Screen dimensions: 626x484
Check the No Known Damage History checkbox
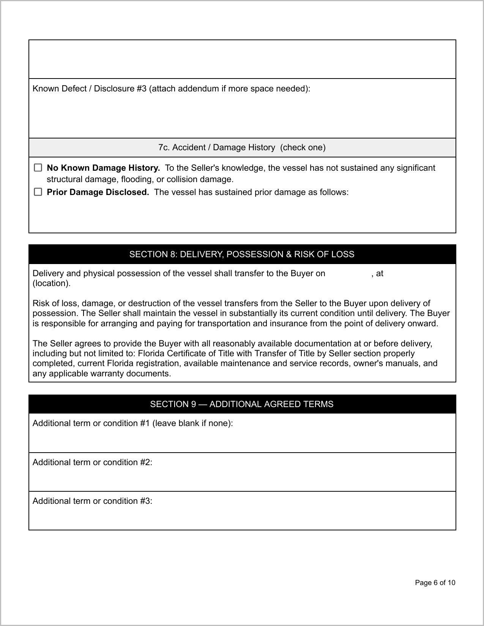pos(38,168)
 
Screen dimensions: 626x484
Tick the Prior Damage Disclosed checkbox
pos(38,192)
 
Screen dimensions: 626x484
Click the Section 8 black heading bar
pos(242,254)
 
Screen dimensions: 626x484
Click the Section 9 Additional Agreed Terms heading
pos(242,404)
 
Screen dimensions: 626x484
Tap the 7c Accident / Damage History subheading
pos(242,148)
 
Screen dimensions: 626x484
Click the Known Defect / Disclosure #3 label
pos(171,89)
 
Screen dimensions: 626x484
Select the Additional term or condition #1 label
pos(132,423)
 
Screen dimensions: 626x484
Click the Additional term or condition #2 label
pos(92,462)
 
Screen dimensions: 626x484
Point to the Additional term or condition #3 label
pos(92,501)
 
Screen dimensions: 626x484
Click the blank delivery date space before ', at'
pos(348,274)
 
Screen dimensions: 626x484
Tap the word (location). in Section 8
pos(51,283)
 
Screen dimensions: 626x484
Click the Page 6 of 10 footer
pos(435,583)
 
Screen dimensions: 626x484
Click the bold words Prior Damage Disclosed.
pos(98,192)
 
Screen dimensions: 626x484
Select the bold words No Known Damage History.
pos(103,168)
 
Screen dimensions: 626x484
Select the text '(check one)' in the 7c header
pos(303,148)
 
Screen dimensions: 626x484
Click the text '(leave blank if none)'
pos(192,423)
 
